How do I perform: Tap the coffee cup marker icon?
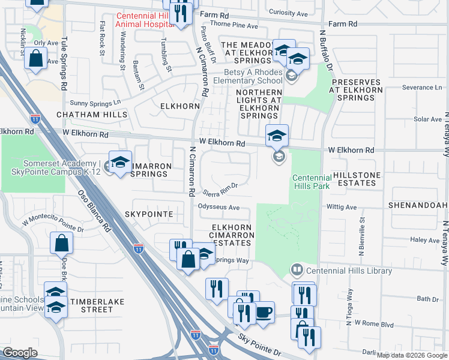click(264, 313)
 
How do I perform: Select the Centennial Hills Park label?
click(312, 182)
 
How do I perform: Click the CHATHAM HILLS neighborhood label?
click(92, 114)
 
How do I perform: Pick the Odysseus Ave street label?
click(219, 208)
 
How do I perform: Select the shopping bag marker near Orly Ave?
click(37, 59)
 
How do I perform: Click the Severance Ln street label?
click(422, 87)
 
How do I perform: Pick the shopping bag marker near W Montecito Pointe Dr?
click(62, 243)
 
